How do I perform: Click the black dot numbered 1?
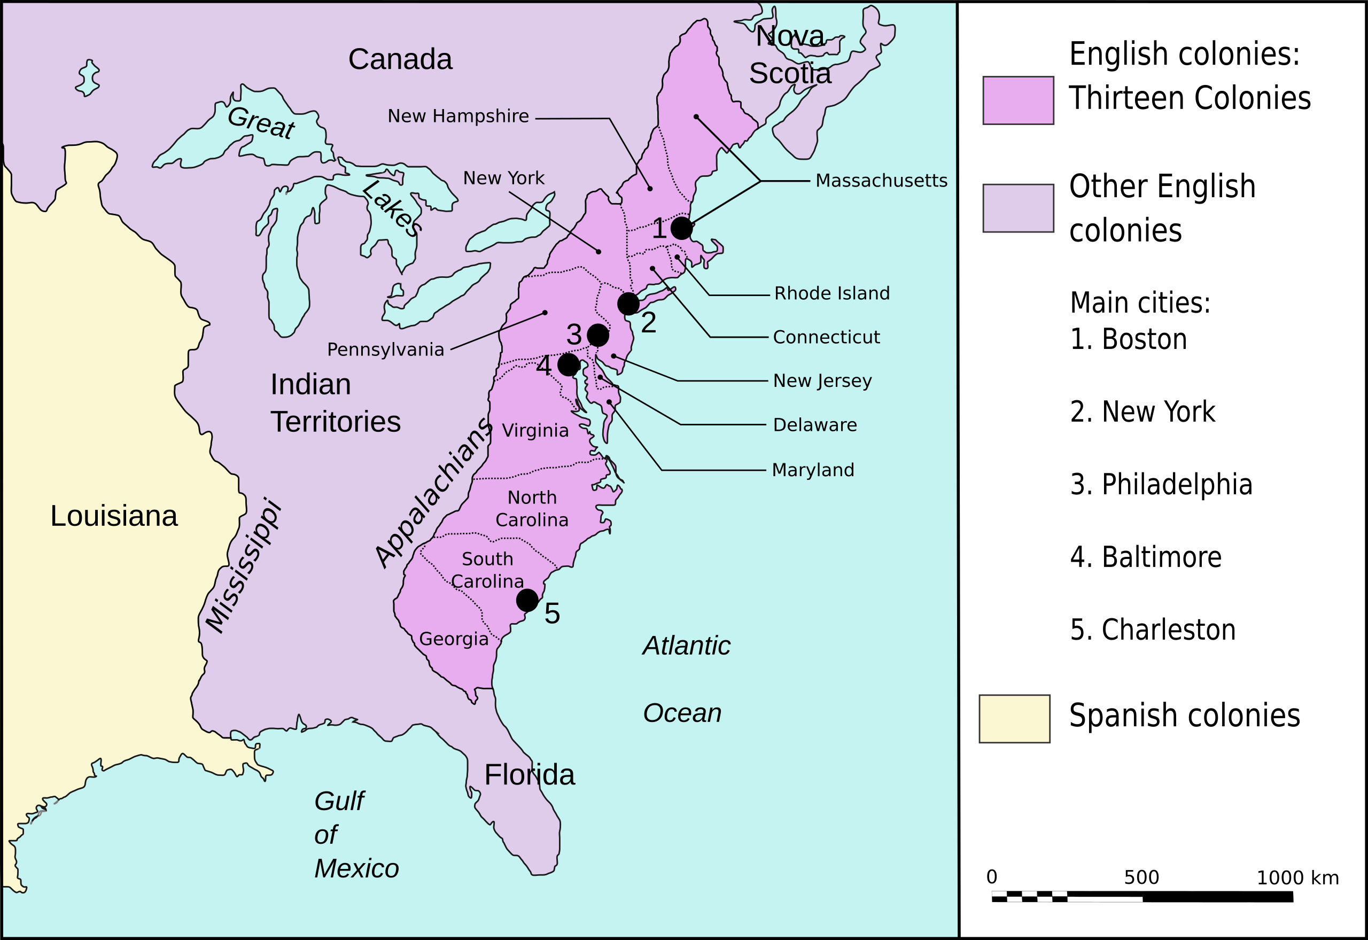(681, 228)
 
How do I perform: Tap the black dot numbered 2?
(628, 304)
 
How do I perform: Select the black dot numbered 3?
(598, 335)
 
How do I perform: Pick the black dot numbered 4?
(568, 364)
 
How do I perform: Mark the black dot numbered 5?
(527, 600)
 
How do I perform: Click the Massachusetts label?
(881, 180)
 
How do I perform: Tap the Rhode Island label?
(831, 293)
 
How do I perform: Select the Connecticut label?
(826, 337)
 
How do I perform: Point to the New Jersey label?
(822, 380)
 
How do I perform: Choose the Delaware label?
(814, 425)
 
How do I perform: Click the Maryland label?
(813, 470)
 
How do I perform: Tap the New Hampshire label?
(458, 116)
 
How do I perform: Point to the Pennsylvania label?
(386, 349)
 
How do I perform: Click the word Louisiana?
(114, 516)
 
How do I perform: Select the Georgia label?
(454, 639)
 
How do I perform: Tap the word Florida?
(530, 774)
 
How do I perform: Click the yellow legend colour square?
(1014, 719)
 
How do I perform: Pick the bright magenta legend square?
(1018, 100)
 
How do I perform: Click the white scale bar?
(1067, 896)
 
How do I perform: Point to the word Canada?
(400, 59)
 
